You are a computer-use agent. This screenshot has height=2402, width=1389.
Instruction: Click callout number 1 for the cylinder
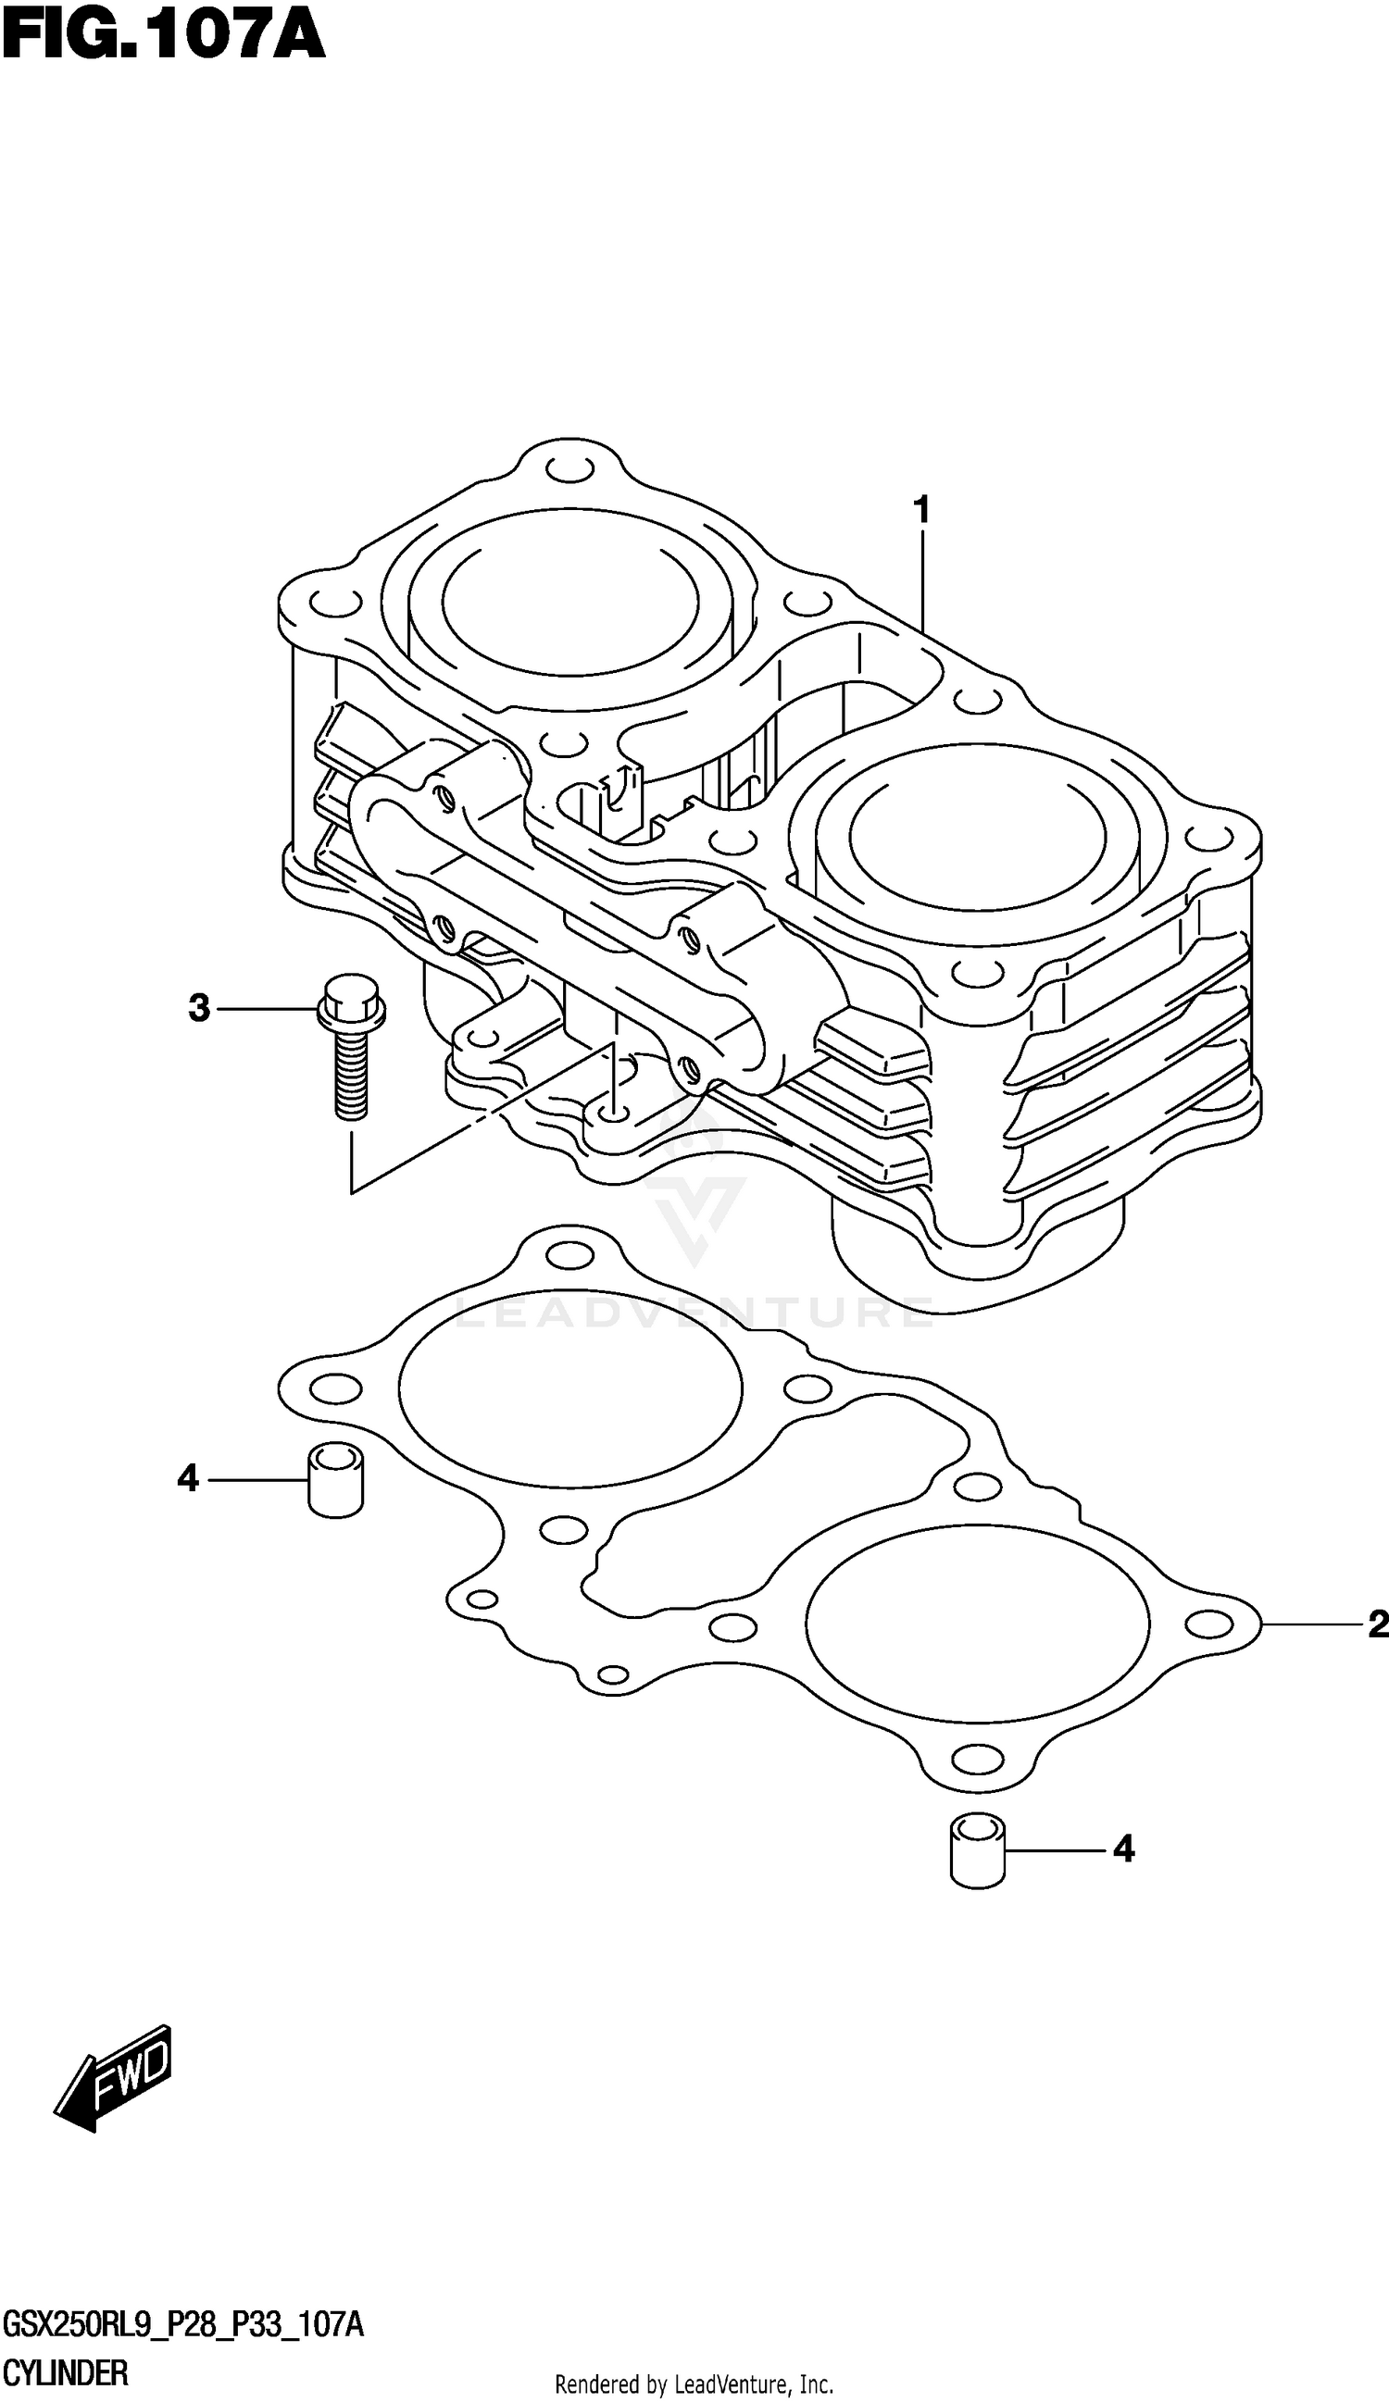click(921, 510)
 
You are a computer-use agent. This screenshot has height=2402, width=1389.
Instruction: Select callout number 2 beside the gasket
click(1377, 1624)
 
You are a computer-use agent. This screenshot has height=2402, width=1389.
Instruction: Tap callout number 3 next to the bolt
click(198, 1007)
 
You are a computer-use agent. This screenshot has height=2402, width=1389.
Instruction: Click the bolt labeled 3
click(351, 1058)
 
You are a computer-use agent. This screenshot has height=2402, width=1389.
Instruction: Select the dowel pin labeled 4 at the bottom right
click(978, 1849)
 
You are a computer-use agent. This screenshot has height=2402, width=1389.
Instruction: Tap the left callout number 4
click(188, 1478)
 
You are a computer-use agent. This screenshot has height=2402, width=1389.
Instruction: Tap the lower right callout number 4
click(1124, 1849)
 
